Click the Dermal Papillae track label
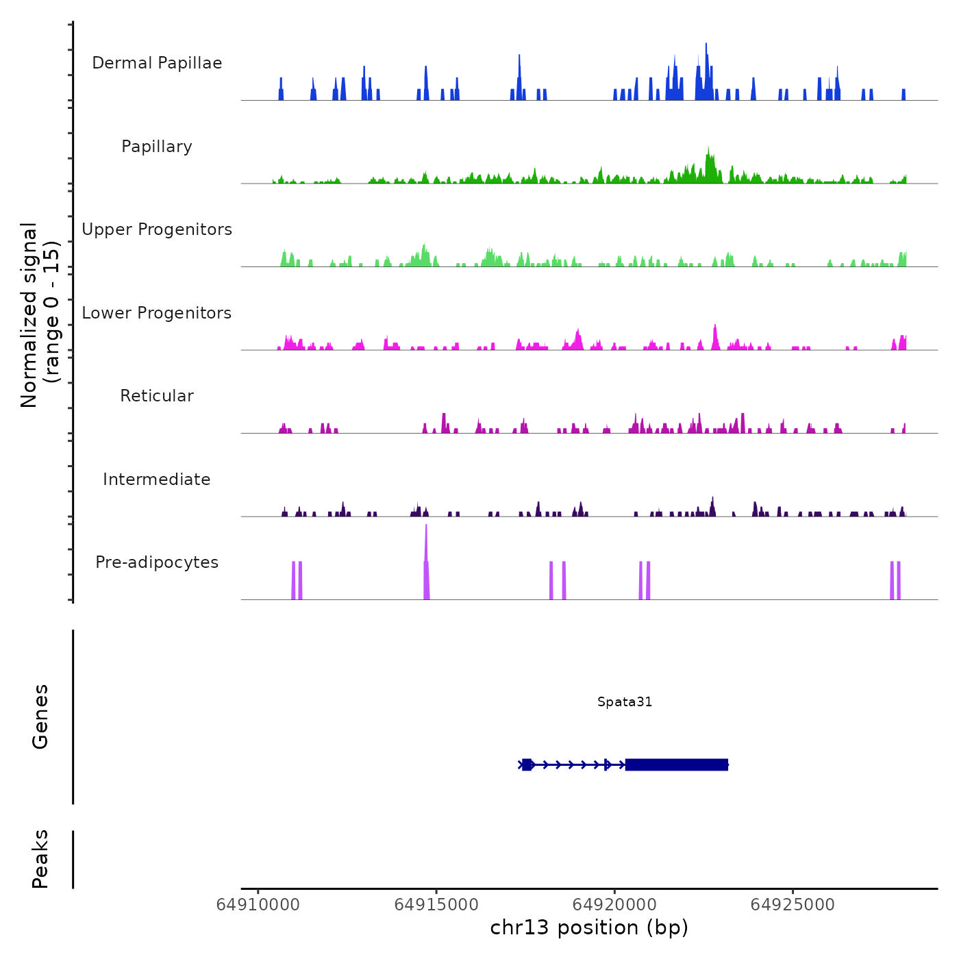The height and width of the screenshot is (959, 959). (x=157, y=63)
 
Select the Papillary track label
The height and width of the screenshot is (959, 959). (x=157, y=147)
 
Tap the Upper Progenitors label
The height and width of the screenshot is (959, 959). (x=157, y=229)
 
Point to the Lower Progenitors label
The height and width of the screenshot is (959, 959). (x=157, y=313)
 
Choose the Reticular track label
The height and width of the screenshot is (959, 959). (x=157, y=396)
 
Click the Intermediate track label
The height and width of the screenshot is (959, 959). (x=157, y=480)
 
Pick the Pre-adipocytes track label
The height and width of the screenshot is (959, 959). (x=157, y=562)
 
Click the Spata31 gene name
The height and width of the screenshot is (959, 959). (x=624, y=701)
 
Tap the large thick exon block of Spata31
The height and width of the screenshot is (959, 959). (x=676, y=764)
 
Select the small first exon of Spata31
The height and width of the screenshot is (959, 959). (x=527, y=764)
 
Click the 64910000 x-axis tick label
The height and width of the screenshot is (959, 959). (x=258, y=905)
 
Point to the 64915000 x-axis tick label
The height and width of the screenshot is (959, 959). (x=436, y=905)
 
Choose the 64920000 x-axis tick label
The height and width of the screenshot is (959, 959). (x=614, y=905)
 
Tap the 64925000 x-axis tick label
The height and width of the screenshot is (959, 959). (x=793, y=905)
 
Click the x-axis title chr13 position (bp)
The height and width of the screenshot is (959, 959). (x=589, y=928)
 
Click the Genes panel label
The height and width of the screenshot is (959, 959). (x=40, y=717)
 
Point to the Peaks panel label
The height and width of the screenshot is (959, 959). (x=40, y=859)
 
